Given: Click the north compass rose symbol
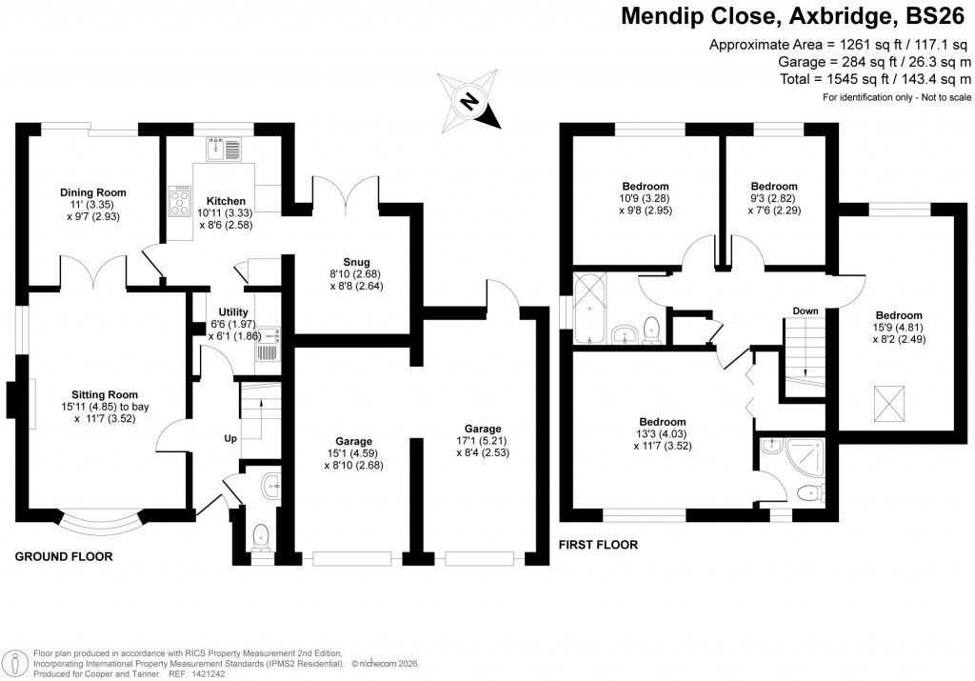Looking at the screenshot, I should [x=468, y=100].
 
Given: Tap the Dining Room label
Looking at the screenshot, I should [x=93, y=192].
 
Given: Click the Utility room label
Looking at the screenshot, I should [x=233, y=311].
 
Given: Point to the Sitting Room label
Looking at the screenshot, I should [x=105, y=394].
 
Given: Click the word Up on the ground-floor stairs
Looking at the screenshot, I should [x=229, y=440].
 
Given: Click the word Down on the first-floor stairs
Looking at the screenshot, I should [x=806, y=310].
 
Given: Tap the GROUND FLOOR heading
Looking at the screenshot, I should [x=64, y=556].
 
